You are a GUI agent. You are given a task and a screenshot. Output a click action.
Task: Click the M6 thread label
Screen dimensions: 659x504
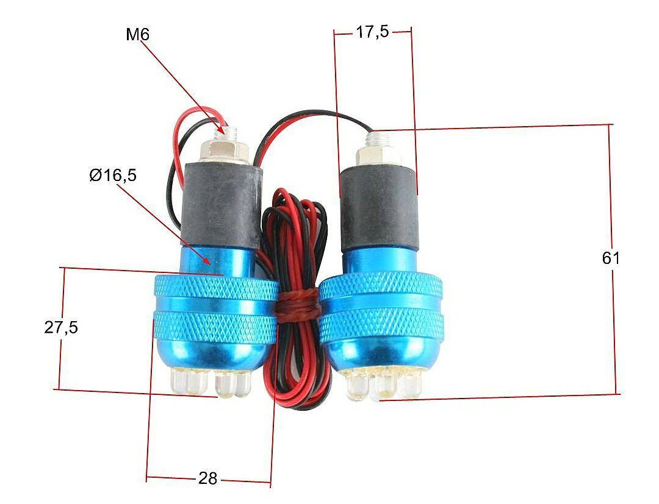point(137,34)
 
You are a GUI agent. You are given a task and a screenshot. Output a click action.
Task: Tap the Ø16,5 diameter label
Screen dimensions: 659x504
point(113,175)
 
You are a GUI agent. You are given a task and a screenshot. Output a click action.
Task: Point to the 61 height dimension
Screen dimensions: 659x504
point(610,258)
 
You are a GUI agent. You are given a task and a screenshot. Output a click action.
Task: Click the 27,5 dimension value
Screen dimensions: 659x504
point(61,327)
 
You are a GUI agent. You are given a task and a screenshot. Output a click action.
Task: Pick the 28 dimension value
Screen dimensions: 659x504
point(207,478)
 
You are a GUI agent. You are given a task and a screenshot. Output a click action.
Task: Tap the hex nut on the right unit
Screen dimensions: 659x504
point(378,155)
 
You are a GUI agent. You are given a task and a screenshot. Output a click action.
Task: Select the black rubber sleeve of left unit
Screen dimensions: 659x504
point(222,205)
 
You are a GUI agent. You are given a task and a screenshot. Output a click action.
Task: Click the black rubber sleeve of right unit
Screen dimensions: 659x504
point(378,207)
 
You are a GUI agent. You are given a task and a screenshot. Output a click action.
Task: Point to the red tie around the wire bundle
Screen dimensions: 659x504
point(298,305)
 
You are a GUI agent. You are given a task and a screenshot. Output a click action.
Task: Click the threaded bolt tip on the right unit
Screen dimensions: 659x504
point(376,138)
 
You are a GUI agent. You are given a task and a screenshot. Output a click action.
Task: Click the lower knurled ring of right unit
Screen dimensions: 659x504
point(381,325)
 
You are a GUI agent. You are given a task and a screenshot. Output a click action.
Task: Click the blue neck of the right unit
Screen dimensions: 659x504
point(379,261)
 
